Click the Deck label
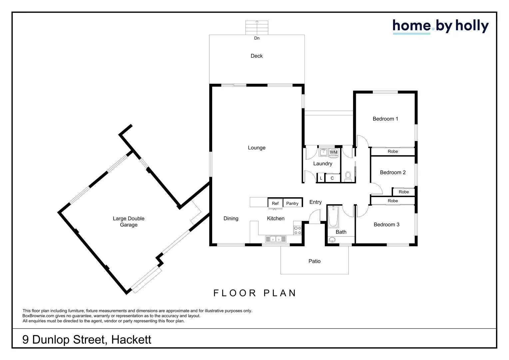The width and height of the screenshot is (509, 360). tap(256, 56)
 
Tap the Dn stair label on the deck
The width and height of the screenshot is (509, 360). tap(256, 38)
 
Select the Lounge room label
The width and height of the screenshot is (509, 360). tap(256, 148)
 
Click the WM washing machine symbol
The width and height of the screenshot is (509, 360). tap(333, 153)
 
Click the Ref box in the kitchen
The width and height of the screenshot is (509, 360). tap(275, 203)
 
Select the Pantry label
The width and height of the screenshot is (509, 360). tap(292, 203)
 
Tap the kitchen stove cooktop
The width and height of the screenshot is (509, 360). tap(297, 230)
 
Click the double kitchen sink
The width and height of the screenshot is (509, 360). tap(275, 239)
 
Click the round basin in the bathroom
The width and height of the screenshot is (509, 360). tap(332, 240)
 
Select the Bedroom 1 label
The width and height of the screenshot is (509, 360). tap(385, 119)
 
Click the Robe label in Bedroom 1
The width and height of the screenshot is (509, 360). tap(393, 151)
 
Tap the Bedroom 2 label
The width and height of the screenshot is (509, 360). tap(393, 172)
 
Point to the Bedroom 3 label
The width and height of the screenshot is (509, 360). tap(386, 225)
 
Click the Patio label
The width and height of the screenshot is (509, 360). tap(314, 261)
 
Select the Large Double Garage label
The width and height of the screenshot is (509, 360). tap(129, 222)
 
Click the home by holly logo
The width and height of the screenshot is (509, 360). tap(440, 26)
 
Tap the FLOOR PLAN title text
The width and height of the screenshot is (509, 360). tap(255, 293)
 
